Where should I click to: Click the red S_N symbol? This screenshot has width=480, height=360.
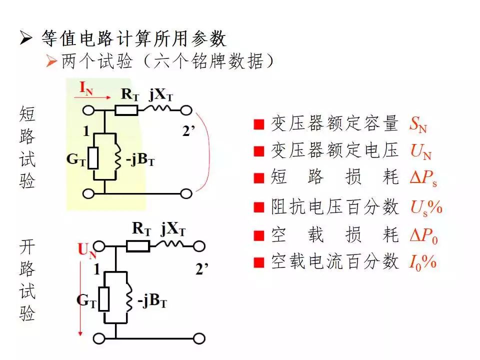click(x=418, y=124)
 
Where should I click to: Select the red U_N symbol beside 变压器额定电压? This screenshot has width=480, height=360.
click(x=421, y=151)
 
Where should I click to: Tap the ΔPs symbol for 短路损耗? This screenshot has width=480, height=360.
click(x=423, y=178)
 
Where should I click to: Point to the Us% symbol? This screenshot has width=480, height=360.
click(x=426, y=207)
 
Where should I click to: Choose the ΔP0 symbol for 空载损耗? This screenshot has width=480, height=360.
click(x=424, y=235)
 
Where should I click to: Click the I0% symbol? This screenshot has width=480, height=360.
click(x=423, y=262)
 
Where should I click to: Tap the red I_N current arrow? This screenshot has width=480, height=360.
click(x=92, y=97)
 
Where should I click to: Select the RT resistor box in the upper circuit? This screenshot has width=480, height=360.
click(x=126, y=110)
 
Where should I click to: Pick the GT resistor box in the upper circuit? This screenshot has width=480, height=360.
click(x=93, y=158)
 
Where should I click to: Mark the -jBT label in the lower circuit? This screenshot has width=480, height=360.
click(x=152, y=301)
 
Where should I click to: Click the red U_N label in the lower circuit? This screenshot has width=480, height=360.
click(x=87, y=250)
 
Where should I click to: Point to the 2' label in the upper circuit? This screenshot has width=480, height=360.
click(x=188, y=131)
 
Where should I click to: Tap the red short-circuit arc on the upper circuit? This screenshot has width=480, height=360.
click(x=209, y=152)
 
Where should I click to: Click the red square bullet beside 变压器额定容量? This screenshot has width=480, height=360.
click(x=259, y=124)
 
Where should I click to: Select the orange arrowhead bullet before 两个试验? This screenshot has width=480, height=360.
click(x=51, y=61)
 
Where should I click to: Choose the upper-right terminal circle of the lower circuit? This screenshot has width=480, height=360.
click(x=199, y=246)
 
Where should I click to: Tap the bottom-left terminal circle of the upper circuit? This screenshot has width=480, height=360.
click(x=89, y=193)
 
